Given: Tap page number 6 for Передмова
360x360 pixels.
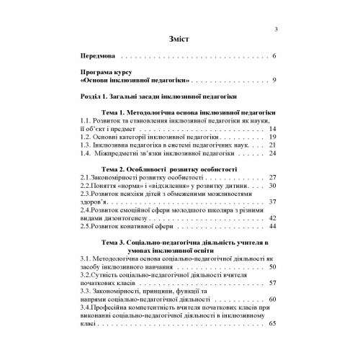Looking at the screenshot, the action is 274,55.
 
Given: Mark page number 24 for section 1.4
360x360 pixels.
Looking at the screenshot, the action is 272,153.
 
